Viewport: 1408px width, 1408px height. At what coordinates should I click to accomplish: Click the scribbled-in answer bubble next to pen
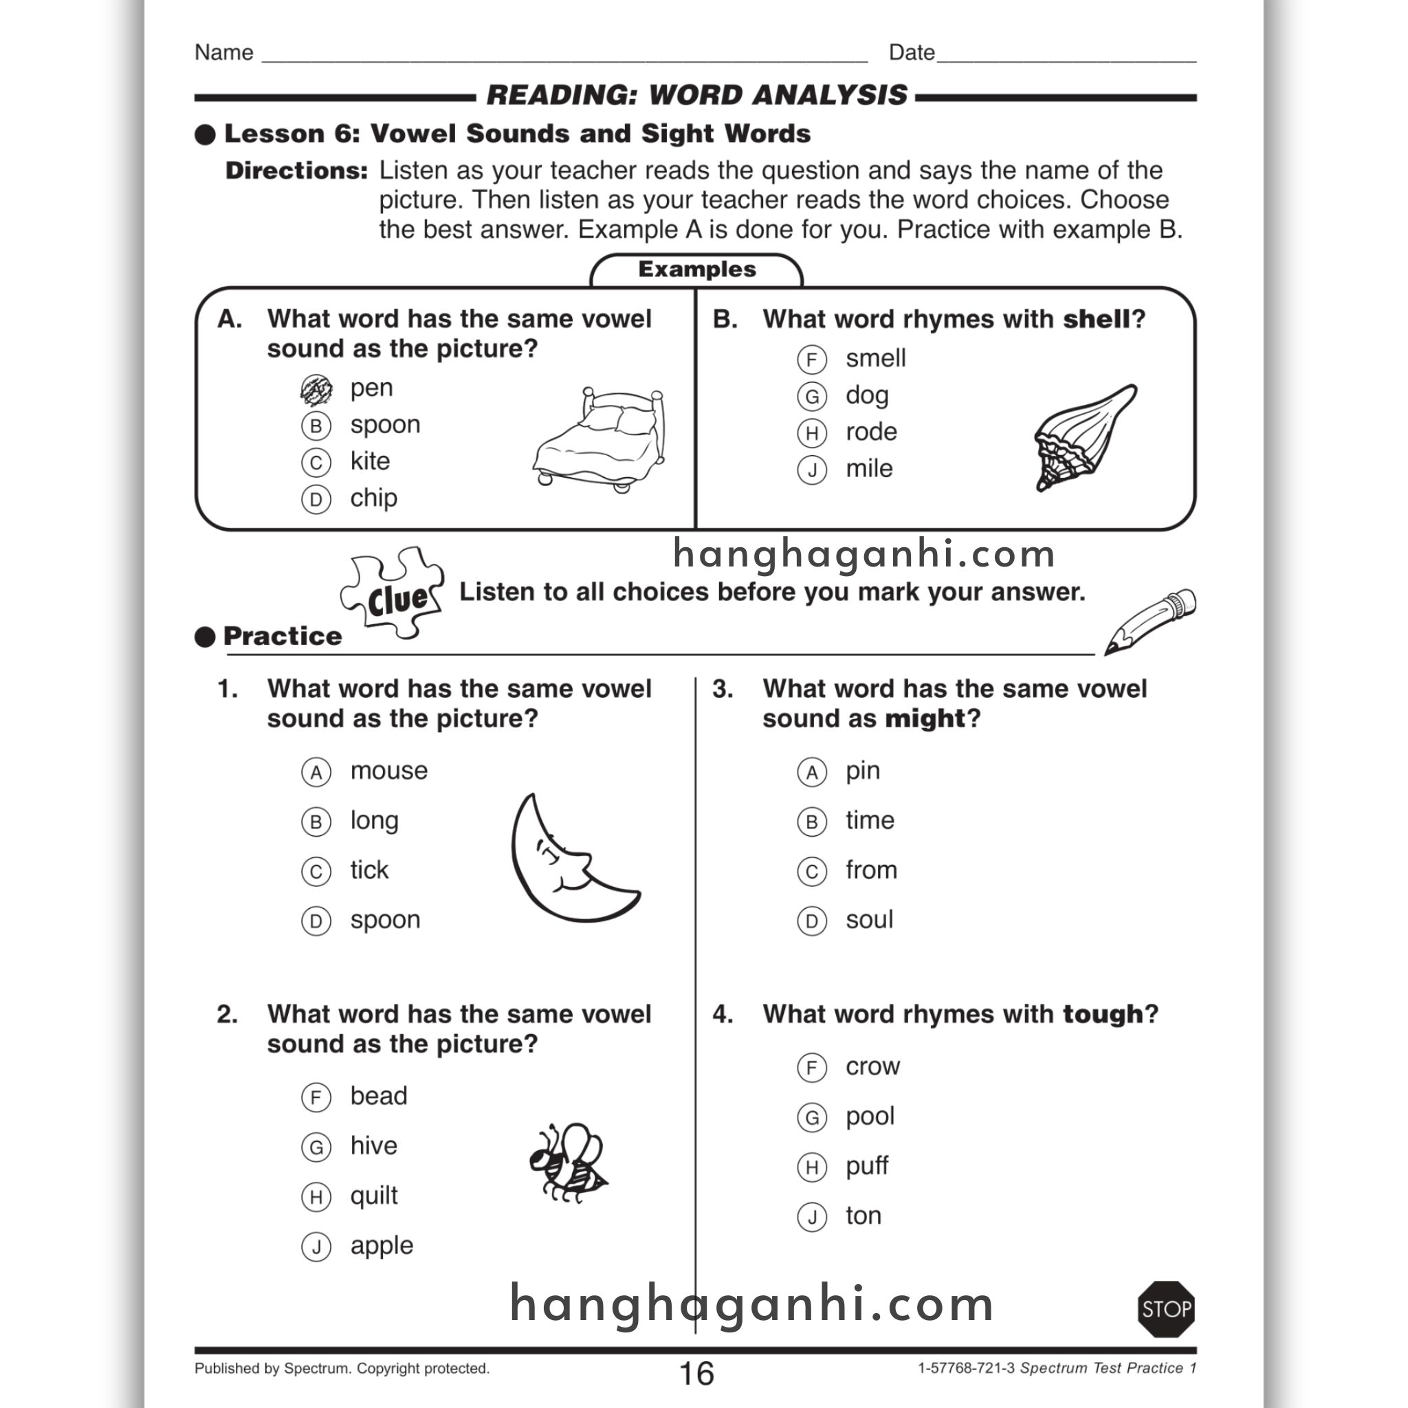[x=316, y=390]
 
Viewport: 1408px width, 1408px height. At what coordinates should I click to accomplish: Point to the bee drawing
[x=569, y=1163]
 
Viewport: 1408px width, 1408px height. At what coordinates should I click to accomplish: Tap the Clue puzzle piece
[x=393, y=593]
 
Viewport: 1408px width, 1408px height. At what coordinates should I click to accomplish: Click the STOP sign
[x=1165, y=1309]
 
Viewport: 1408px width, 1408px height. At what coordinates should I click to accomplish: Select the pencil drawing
[x=1150, y=621]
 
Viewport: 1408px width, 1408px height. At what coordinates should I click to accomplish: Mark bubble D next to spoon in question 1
[x=316, y=921]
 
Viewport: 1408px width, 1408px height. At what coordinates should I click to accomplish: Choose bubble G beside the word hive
[x=316, y=1147]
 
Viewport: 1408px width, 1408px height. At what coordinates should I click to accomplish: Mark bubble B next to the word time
[x=812, y=822]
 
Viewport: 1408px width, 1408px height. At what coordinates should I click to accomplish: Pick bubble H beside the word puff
[x=812, y=1167]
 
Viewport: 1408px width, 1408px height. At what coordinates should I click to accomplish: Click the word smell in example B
[x=875, y=359]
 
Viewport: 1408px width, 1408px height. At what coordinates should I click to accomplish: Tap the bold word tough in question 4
[x=1103, y=1015]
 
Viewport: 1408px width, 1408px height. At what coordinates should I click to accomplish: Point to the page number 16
[x=696, y=1374]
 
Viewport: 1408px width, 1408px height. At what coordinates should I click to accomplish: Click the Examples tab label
[x=696, y=269]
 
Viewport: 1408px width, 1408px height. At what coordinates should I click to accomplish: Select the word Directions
[x=296, y=171]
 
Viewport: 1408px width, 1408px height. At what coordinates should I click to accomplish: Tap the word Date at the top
[x=911, y=52]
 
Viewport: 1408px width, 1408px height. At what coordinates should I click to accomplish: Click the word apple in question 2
[x=381, y=1246]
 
